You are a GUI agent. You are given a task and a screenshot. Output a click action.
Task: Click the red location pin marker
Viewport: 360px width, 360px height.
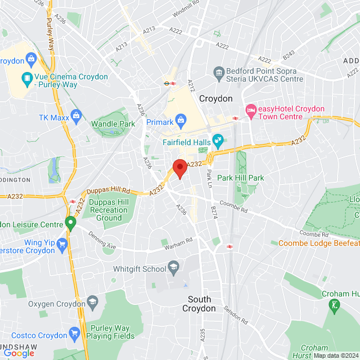coord(179,168)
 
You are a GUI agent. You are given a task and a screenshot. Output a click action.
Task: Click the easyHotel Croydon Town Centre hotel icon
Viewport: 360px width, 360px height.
coord(250,108)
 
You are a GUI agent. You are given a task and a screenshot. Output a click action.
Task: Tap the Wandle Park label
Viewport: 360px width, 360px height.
coord(113,123)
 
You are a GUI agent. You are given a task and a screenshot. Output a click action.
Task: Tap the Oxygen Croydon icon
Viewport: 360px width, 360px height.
coord(92,304)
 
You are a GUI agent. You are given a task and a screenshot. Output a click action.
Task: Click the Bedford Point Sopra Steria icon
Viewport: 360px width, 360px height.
coord(219,71)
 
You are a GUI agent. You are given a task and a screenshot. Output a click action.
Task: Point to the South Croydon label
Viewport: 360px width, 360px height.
coord(199,304)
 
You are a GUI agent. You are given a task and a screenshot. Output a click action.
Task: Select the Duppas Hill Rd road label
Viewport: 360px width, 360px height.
coord(109,191)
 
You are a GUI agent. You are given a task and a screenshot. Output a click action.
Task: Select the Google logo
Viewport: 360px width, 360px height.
coord(19,353)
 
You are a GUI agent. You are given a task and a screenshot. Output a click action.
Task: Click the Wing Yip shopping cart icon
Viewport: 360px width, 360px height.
coord(62,244)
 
